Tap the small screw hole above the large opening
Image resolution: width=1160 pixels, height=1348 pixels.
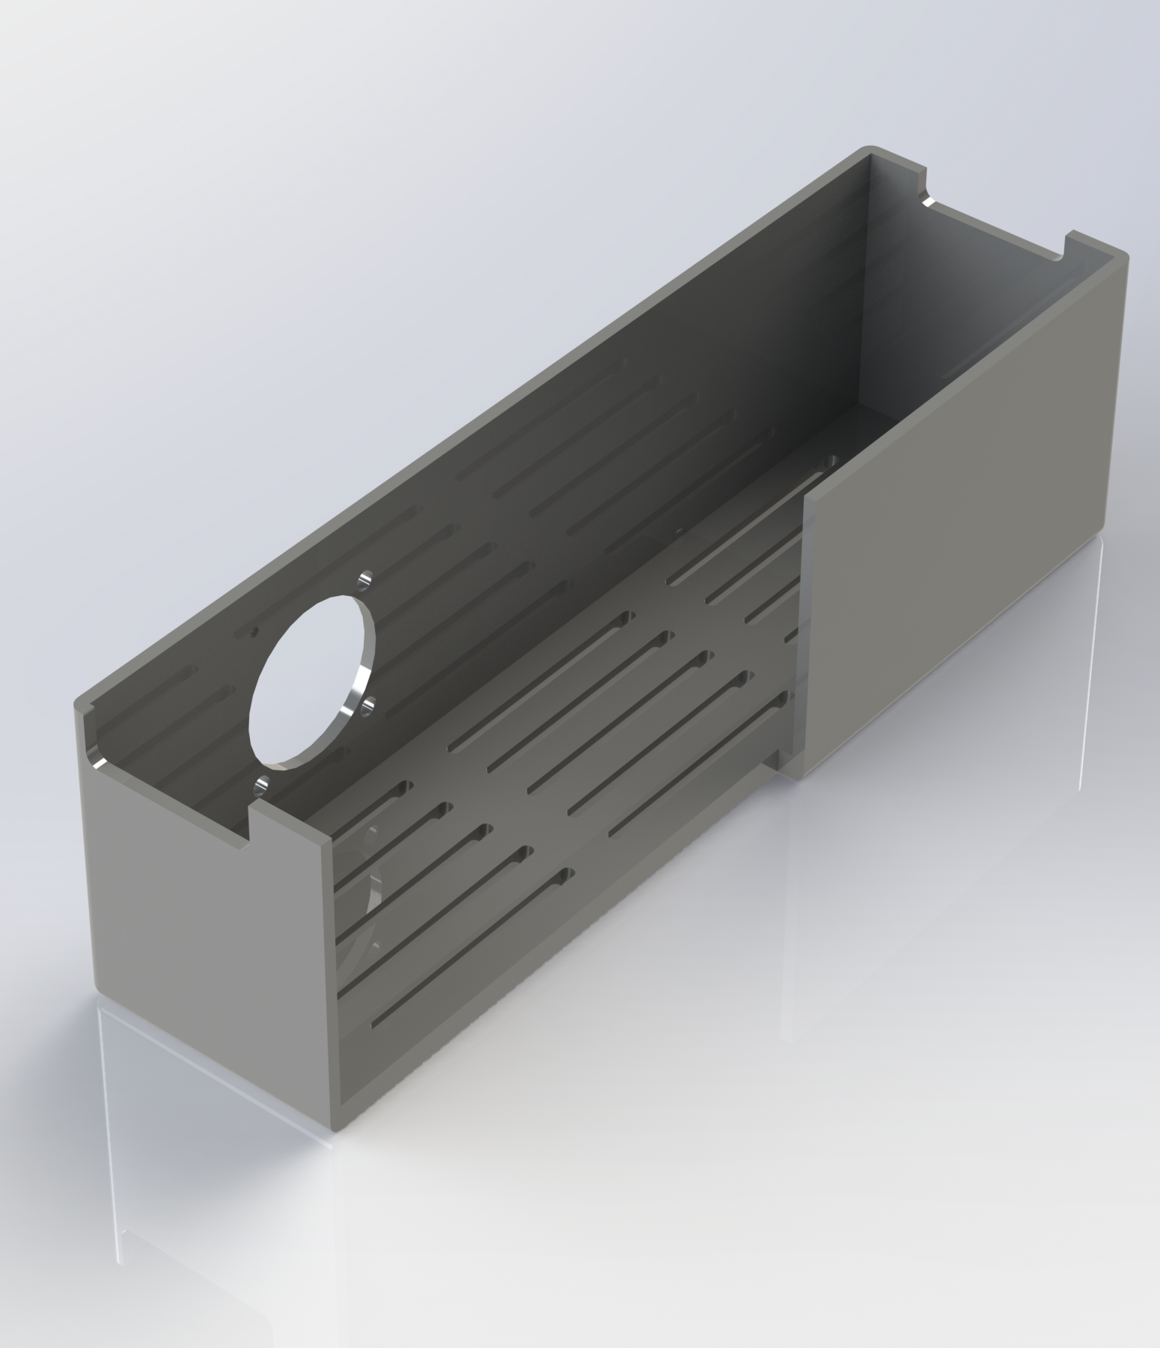[365, 578]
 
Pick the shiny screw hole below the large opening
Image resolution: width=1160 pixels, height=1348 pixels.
[261, 785]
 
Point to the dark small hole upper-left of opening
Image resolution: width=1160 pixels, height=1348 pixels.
[254, 631]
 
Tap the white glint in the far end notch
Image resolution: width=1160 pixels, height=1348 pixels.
[928, 203]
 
